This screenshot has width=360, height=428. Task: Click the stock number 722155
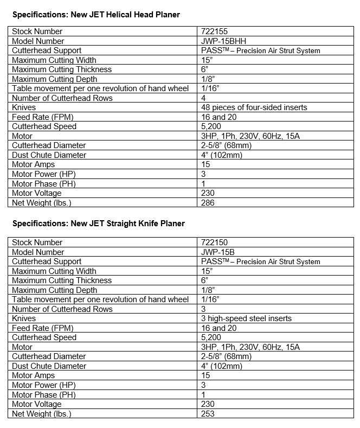tap(213, 31)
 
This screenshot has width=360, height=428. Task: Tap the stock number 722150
tap(213, 242)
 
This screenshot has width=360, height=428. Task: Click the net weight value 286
tap(208, 203)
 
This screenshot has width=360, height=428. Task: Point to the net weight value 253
tap(208, 414)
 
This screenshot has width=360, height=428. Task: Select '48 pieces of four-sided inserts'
tap(254, 107)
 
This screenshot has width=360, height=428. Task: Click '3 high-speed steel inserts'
tap(246, 318)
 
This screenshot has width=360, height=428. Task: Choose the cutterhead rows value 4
tap(204, 98)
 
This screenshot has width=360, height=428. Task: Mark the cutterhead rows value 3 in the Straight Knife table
tap(204, 309)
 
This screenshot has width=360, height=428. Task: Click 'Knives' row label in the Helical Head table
tap(24, 107)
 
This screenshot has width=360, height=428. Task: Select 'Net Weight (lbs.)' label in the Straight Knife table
tap(42, 414)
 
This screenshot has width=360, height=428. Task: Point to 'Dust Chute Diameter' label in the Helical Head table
tap(49, 155)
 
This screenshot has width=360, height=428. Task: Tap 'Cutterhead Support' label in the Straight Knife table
tap(46, 261)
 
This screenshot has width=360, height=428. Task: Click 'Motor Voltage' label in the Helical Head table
tap(37, 193)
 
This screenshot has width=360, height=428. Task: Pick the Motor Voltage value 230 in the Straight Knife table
tap(208, 404)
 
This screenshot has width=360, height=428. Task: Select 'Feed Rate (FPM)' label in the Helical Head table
tap(42, 117)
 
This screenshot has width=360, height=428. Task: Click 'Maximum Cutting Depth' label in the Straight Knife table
tap(54, 290)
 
